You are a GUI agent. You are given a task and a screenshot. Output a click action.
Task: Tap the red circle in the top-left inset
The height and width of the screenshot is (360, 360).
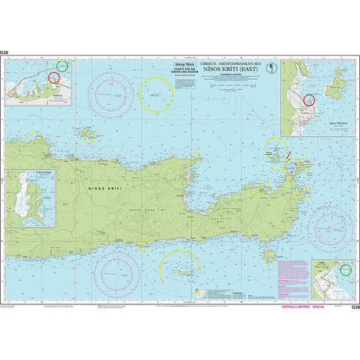53,77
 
